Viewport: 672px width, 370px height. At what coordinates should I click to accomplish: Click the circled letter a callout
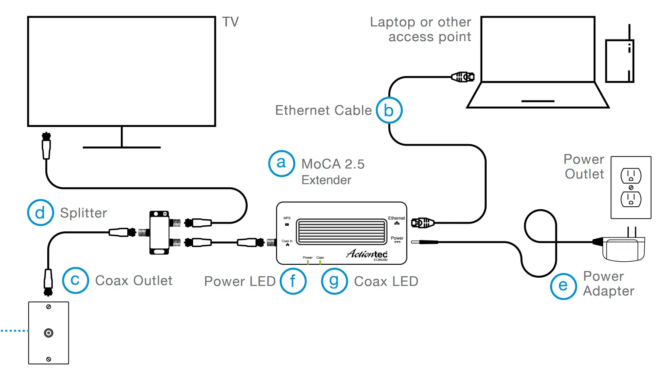coord(281,163)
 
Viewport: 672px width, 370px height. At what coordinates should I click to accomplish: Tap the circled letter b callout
coord(389,110)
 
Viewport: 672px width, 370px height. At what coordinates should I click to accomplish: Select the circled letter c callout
coord(75,280)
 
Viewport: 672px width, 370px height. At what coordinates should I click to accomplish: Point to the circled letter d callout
coord(40,212)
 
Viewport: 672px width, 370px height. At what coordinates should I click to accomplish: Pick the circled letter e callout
coord(563,286)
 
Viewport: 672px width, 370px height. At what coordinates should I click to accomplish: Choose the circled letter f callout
coord(293,281)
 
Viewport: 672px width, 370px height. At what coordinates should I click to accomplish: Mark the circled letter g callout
coord(334,281)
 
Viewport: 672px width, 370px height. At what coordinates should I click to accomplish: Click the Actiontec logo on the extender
coord(367,254)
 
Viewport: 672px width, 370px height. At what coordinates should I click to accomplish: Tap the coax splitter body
coord(159,233)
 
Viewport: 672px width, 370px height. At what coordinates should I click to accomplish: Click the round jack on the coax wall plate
coord(48,333)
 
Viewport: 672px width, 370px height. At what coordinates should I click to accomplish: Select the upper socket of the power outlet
coord(631,176)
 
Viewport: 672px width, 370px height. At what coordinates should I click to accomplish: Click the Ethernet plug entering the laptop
coord(463,77)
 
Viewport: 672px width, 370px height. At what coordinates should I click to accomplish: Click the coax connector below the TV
coord(46,146)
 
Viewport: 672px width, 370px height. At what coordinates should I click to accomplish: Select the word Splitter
coord(84,213)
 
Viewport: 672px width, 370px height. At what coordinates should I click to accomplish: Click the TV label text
coord(230,22)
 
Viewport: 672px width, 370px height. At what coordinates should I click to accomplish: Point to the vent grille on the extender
coord(341,231)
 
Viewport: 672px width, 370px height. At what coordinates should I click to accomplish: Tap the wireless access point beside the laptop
coord(620,61)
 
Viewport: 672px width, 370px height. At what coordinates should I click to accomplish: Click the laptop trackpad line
coord(538,101)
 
